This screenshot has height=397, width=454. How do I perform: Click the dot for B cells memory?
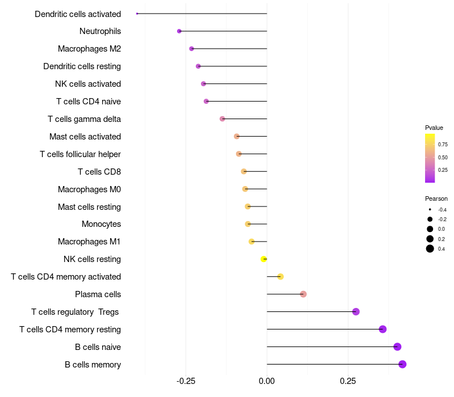click(402, 364)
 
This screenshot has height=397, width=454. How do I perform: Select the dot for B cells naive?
click(397, 347)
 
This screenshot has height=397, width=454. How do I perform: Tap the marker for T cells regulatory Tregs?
click(356, 311)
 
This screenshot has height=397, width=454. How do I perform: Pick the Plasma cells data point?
click(303, 294)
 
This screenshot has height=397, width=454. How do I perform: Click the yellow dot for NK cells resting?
click(263, 259)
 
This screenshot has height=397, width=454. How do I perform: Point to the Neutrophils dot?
click(179, 31)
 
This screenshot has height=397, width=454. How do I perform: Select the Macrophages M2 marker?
click(191, 49)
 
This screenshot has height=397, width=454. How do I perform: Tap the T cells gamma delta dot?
click(222, 119)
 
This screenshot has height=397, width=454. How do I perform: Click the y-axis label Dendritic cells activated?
click(78, 14)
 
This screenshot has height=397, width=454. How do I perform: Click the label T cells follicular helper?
click(80, 154)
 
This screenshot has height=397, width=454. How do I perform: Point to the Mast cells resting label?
click(89, 206)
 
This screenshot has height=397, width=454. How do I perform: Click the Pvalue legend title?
click(434, 128)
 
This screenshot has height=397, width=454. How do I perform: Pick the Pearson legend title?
click(436, 198)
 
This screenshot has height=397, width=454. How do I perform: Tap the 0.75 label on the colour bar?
click(443, 145)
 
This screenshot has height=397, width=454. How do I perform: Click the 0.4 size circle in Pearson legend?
click(430, 248)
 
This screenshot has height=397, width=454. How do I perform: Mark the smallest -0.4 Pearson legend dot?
click(430, 209)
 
